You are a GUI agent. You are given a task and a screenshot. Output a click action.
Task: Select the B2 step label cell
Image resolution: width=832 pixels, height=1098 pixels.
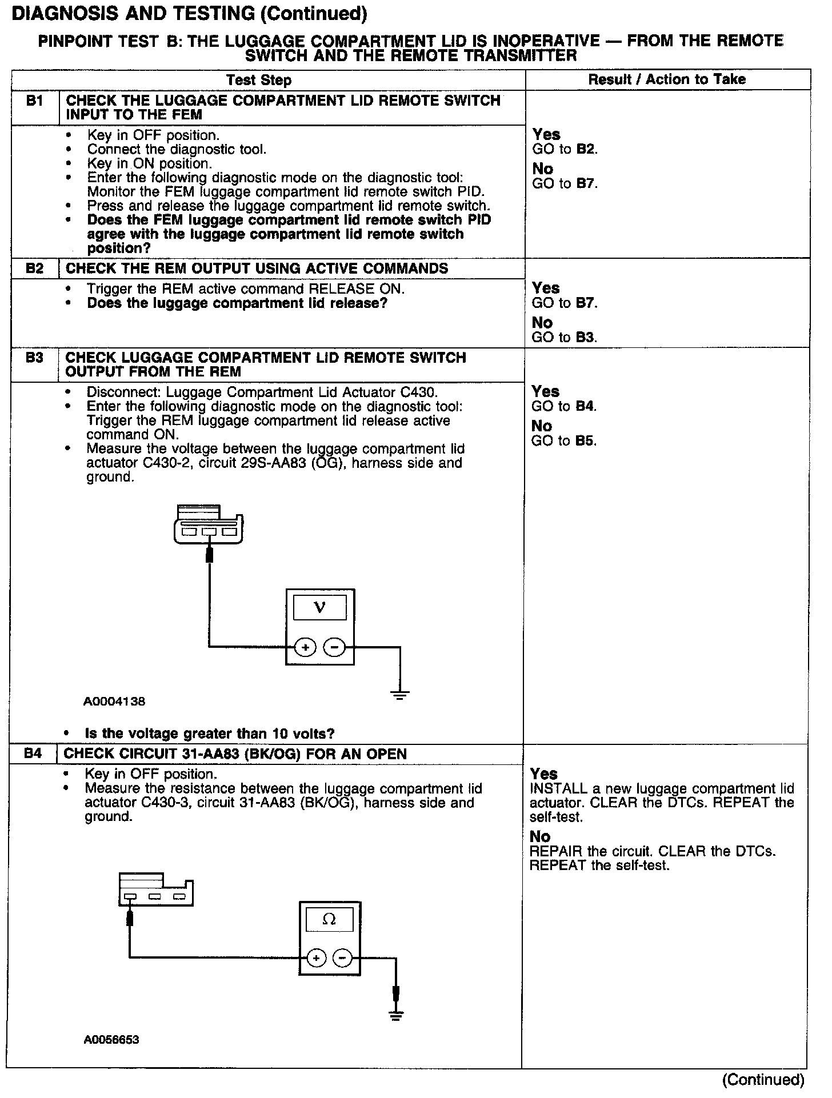35,268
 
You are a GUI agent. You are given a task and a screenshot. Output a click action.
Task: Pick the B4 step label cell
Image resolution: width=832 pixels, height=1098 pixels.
34,754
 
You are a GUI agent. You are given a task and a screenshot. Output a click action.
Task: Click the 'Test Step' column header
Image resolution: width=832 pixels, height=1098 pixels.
259,80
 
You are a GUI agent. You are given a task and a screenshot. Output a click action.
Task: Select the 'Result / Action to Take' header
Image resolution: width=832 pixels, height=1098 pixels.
667,79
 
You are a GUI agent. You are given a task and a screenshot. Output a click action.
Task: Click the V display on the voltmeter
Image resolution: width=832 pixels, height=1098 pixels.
320,608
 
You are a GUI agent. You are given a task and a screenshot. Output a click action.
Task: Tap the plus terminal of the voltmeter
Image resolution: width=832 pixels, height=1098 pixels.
305,647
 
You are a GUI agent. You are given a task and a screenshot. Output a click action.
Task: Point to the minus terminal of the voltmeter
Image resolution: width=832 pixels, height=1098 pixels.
335,647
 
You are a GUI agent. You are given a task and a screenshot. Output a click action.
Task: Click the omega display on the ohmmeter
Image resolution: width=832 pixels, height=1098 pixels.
329,919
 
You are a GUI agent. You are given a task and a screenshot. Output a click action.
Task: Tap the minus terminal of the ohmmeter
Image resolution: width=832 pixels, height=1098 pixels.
343,957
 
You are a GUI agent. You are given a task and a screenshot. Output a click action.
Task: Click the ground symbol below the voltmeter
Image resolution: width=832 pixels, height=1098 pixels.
400,695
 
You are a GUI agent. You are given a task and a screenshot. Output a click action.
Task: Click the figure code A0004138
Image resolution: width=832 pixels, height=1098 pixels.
114,702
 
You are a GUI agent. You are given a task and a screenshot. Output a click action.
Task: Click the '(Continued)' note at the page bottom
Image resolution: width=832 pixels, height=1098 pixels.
763,1080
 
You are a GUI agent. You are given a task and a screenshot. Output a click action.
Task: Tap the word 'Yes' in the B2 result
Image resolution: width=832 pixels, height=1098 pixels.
546,288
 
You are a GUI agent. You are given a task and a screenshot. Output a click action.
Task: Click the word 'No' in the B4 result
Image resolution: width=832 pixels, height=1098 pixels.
539,836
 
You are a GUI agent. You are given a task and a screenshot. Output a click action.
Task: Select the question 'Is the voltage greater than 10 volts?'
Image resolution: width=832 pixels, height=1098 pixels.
209,734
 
